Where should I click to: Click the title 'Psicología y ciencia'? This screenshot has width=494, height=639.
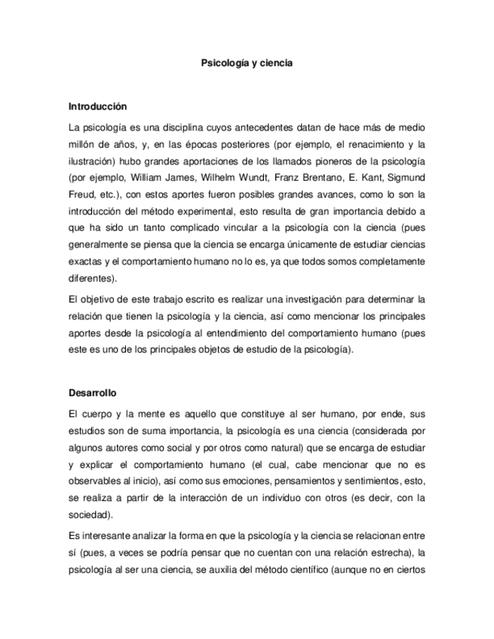pyautogui.click(x=247, y=65)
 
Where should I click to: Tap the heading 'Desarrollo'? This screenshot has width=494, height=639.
pyautogui.click(x=93, y=393)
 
